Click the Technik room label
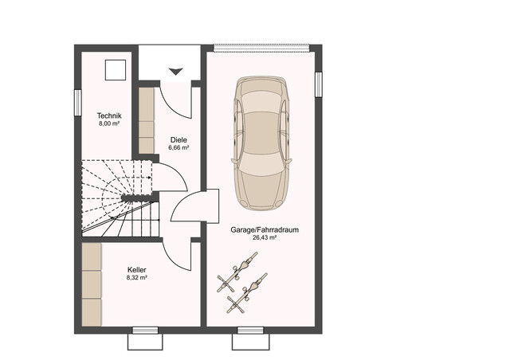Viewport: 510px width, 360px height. point(108,115)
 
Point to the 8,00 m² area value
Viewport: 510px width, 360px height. point(108,124)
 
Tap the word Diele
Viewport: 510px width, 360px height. point(178,139)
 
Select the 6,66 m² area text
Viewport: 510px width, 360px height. point(178,148)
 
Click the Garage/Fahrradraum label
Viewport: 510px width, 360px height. point(265,229)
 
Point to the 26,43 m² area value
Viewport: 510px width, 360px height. point(265,237)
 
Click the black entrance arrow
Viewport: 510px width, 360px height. point(175,72)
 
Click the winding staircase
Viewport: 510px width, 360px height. point(117,197)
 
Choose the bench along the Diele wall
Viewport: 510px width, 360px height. point(147,119)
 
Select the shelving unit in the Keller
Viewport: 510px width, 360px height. point(92,283)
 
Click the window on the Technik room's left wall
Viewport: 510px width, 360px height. point(77,102)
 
